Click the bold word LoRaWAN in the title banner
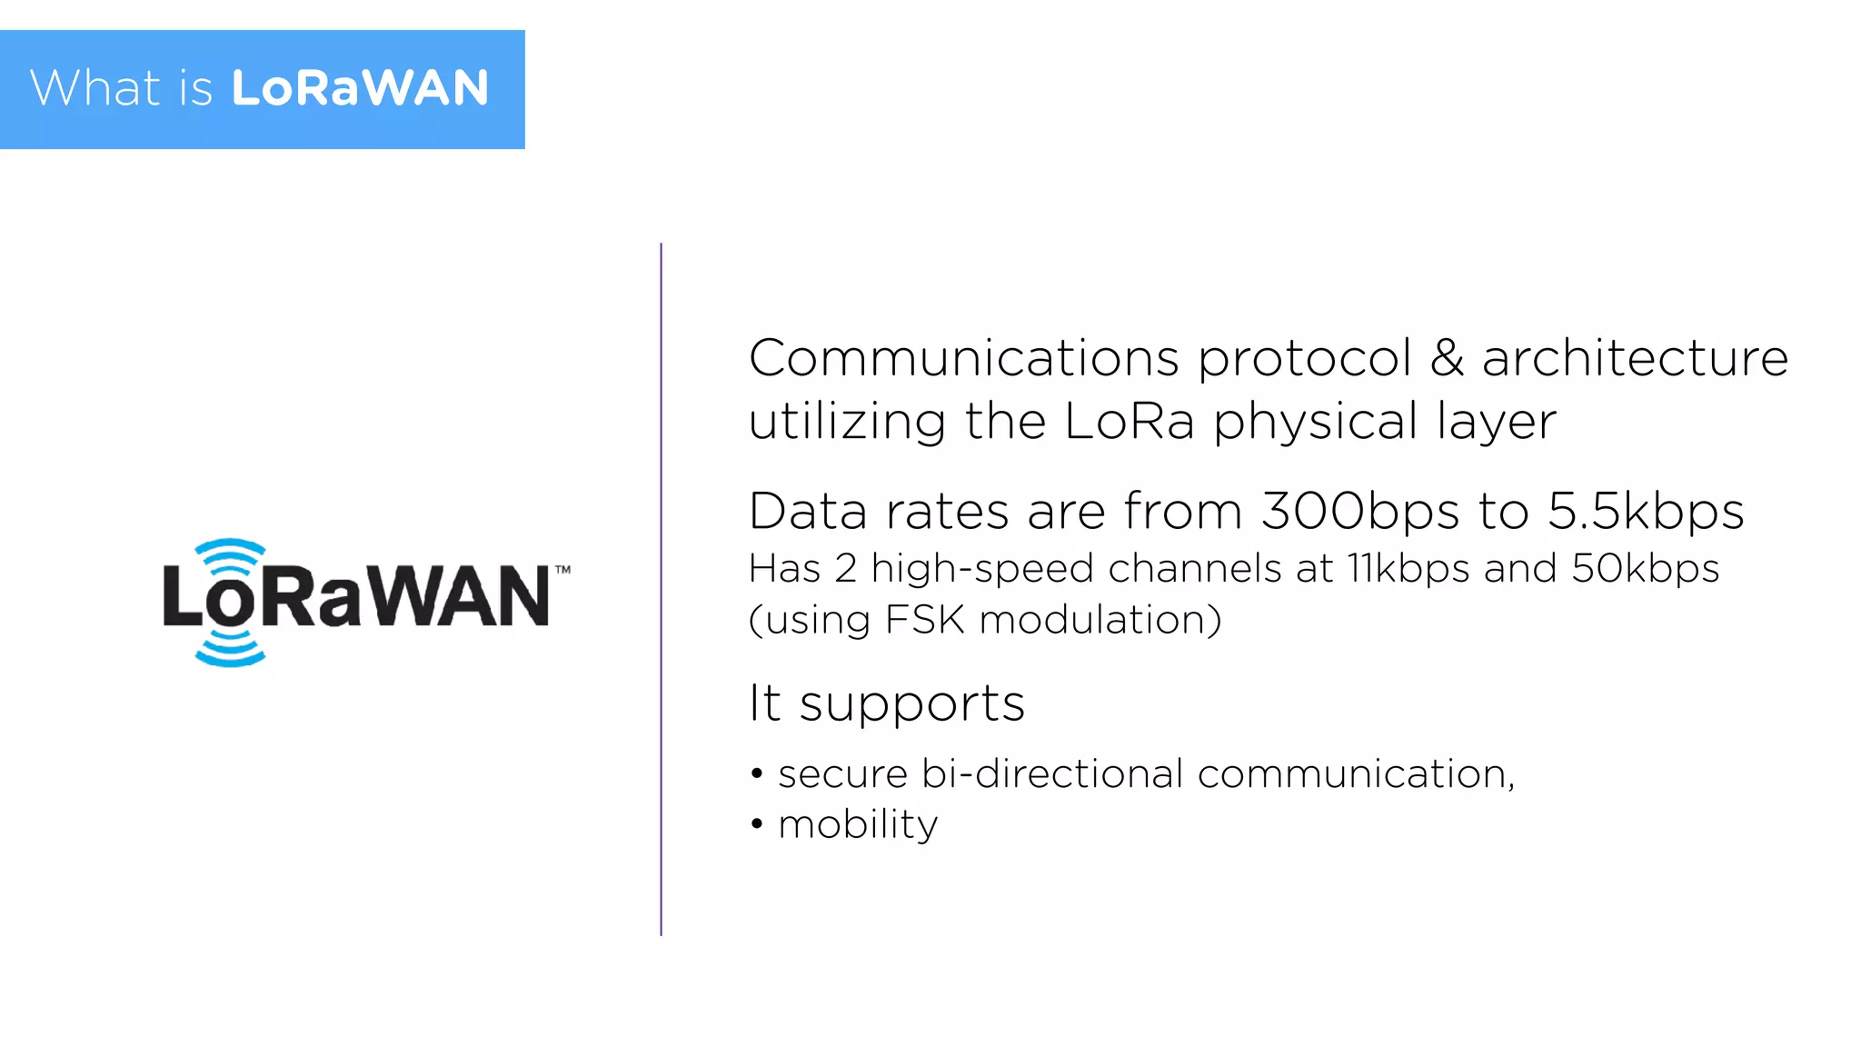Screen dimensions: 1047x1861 [x=360, y=88]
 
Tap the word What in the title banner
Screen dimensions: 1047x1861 [x=95, y=88]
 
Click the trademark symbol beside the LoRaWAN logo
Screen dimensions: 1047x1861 [x=562, y=570]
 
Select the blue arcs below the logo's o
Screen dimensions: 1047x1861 [x=230, y=651]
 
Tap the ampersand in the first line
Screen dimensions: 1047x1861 [x=1447, y=357]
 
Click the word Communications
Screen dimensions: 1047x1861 [x=963, y=357]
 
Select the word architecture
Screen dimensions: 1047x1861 [x=1635, y=357]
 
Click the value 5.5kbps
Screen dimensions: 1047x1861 [x=1645, y=512]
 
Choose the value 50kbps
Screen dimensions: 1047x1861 [x=1645, y=569]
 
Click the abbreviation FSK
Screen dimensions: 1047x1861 [x=924, y=620]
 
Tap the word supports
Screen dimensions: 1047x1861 [x=911, y=704]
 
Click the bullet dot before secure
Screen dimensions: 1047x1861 [x=757, y=774]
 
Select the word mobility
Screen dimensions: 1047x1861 [x=858, y=825]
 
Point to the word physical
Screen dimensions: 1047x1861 [x=1315, y=423]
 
